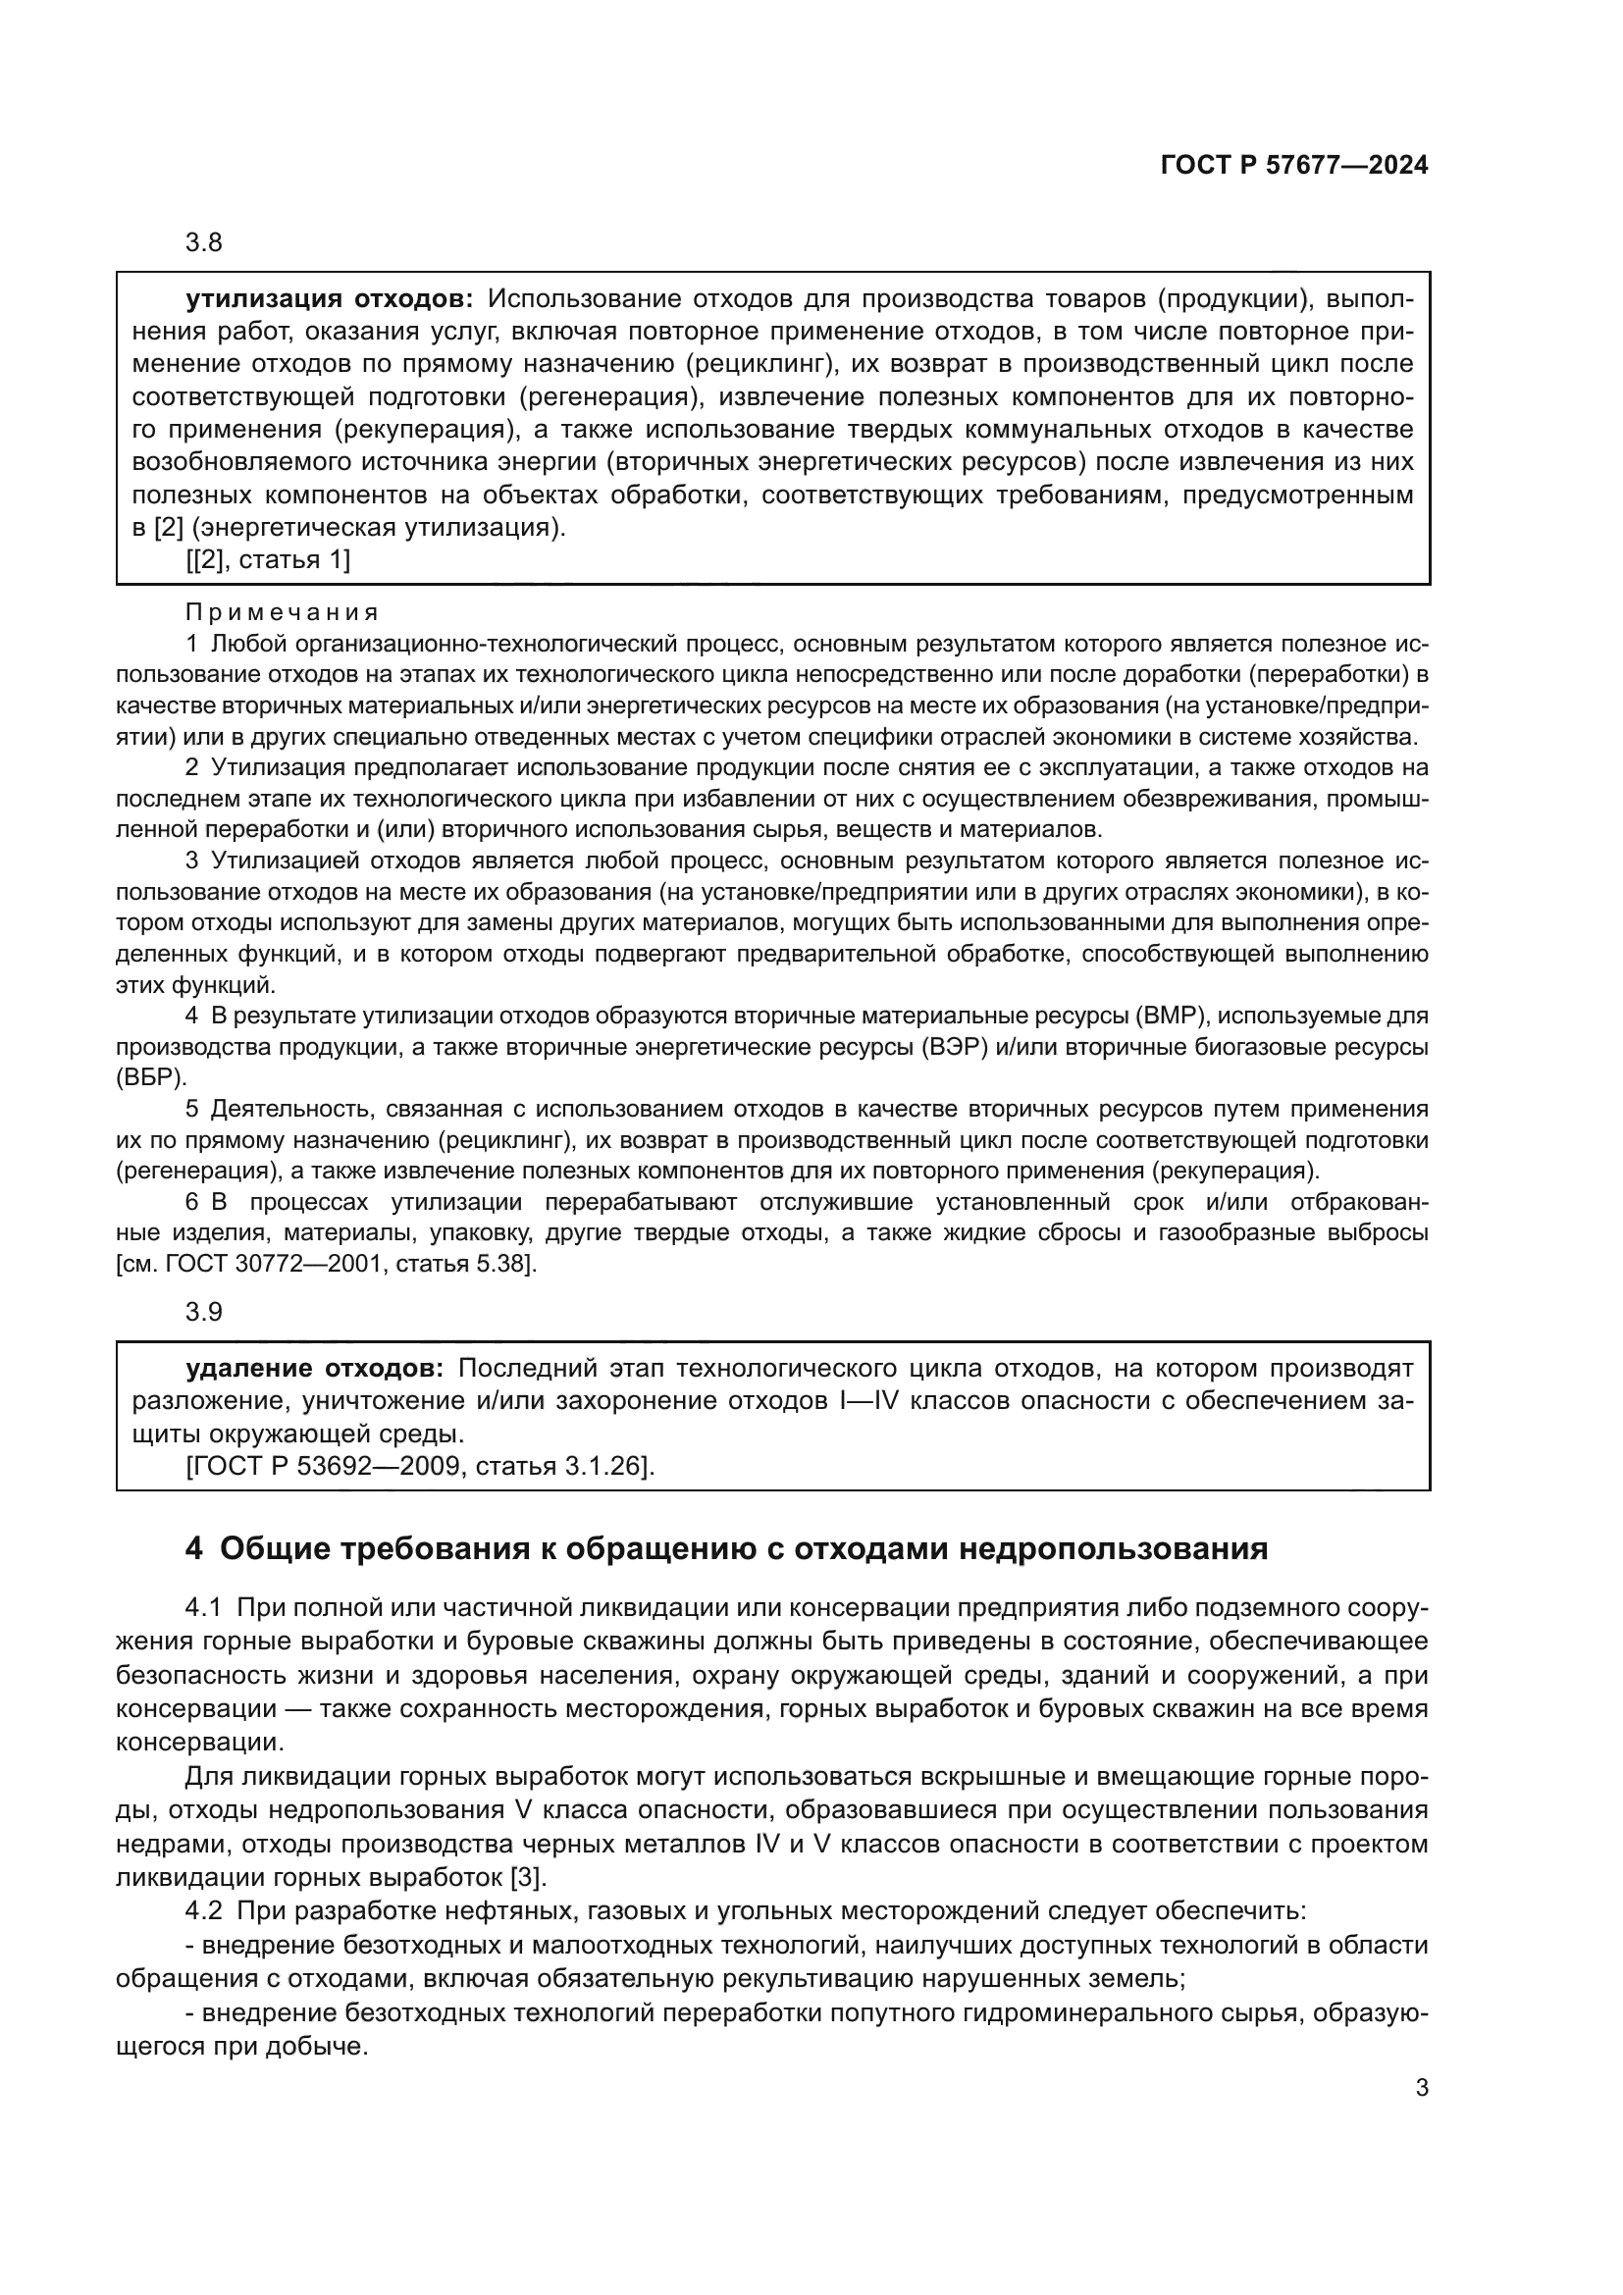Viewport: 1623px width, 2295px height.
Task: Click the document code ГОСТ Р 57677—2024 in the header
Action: coord(1293,166)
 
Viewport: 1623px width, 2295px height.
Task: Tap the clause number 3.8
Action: coord(204,243)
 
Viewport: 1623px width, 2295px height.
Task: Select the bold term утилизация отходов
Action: coord(329,299)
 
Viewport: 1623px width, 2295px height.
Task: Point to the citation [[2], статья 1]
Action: coord(268,559)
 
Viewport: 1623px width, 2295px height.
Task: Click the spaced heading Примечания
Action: coord(282,611)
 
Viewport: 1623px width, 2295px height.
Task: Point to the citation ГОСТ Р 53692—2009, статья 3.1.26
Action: coord(420,1466)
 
